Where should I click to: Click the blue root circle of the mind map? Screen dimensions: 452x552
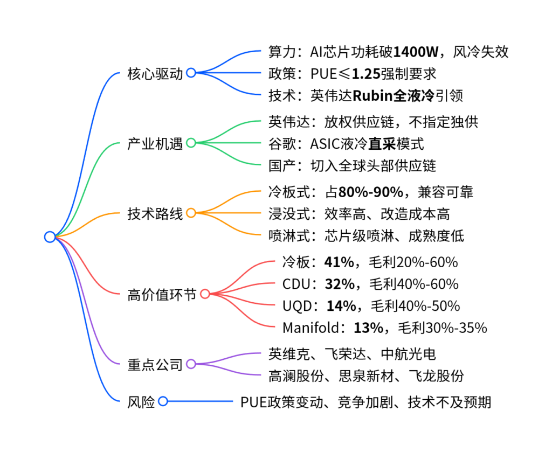point(50,237)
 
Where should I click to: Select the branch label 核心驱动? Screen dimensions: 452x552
point(155,73)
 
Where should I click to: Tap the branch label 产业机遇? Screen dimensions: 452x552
point(155,144)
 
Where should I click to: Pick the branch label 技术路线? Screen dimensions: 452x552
point(155,213)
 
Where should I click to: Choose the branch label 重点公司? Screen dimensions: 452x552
point(155,364)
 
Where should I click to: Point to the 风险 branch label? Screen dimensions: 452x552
point(141,401)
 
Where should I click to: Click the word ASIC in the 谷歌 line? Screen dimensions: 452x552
point(325,144)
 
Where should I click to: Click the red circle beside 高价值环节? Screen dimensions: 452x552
point(205,294)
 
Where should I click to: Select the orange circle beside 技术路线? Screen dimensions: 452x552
point(191,213)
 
